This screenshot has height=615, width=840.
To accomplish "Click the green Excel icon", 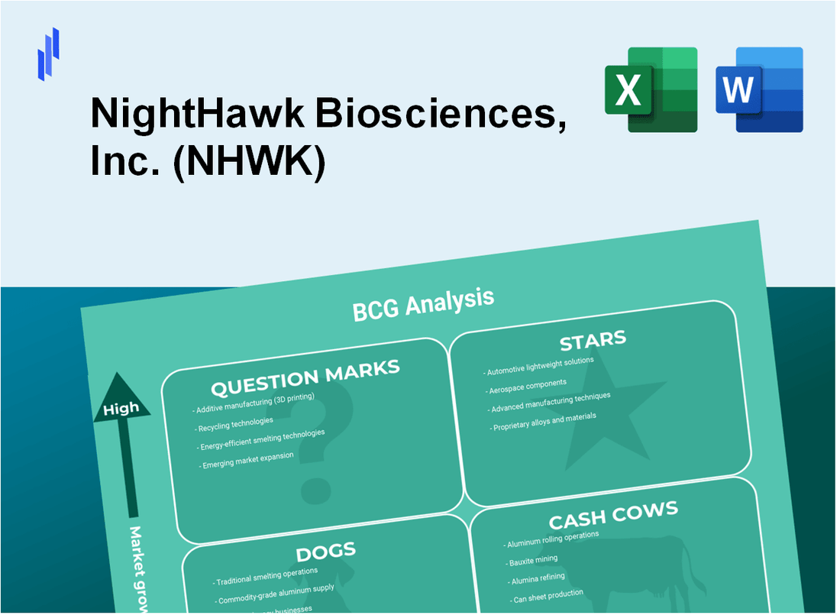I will [651, 89].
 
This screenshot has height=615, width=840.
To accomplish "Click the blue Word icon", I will [759, 89].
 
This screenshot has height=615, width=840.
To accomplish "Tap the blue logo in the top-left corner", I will [48, 53].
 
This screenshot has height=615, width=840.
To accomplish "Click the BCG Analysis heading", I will [422, 303].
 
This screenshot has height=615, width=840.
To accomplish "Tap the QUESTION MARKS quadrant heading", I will [305, 377].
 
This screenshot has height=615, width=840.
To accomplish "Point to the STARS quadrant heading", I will [593, 340].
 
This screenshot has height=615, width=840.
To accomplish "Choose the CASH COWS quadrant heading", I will [612, 516].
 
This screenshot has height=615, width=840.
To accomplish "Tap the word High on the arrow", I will [121, 409].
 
